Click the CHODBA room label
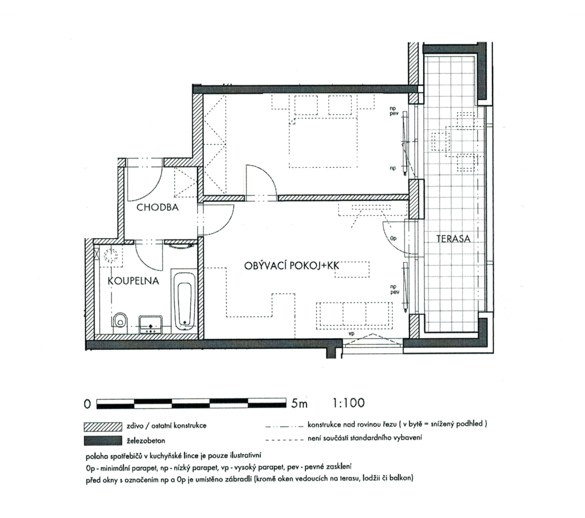[x=157, y=207]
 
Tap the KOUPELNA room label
[x=133, y=281]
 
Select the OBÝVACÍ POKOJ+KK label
[x=290, y=265]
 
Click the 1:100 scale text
[x=349, y=403]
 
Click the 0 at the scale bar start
[x=87, y=404]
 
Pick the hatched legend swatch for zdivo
[x=103, y=426]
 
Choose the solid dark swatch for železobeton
[x=103, y=440]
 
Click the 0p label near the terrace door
[x=393, y=237]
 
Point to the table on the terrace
[x=442, y=141]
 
